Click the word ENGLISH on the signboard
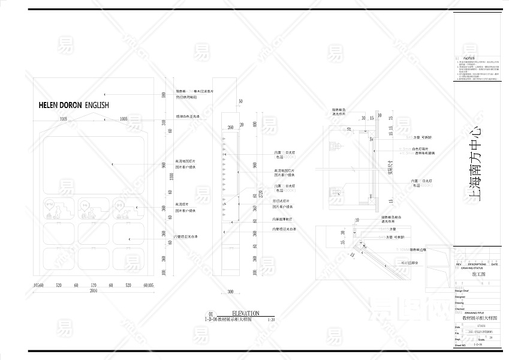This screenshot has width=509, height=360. pos(97,104)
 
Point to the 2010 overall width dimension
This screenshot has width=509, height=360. pos(94,290)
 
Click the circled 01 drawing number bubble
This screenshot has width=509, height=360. pos(210,314)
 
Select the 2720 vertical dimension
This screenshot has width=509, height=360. pos(254,193)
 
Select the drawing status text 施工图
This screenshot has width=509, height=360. pos(478,274)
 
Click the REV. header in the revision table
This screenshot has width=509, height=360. pos(459,264)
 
